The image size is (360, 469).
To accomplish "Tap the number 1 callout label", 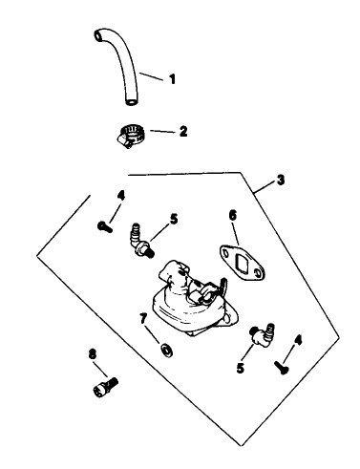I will click(173, 79).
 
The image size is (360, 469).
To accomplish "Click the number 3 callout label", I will click(280, 181).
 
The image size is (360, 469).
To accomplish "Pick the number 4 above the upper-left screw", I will click(119, 196).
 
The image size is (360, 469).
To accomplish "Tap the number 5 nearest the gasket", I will click(174, 219).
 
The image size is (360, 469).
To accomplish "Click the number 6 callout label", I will click(232, 216).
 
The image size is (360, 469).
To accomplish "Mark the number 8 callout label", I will click(93, 354).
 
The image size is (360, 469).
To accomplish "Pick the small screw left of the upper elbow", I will click(104, 226).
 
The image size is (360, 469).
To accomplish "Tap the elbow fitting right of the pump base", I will click(260, 334).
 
